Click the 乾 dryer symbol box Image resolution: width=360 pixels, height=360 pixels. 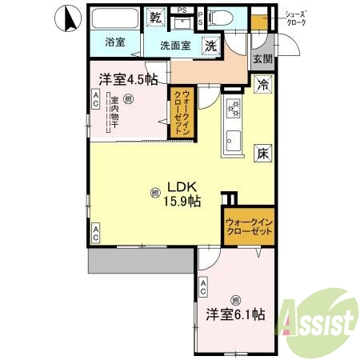pyautogui.click(x=155, y=17)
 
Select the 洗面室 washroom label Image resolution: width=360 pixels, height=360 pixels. pyautogui.click(x=174, y=46)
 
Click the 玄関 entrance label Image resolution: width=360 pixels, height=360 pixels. pyautogui.click(x=262, y=58)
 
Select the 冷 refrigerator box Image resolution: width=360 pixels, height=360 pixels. pyautogui.click(x=262, y=82)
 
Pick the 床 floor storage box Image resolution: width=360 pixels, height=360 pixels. pyautogui.click(x=262, y=154)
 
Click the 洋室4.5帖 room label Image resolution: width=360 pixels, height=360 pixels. pyautogui.click(x=127, y=79)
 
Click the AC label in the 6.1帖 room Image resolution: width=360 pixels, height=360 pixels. pyautogui.click(x=204, y=286)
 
